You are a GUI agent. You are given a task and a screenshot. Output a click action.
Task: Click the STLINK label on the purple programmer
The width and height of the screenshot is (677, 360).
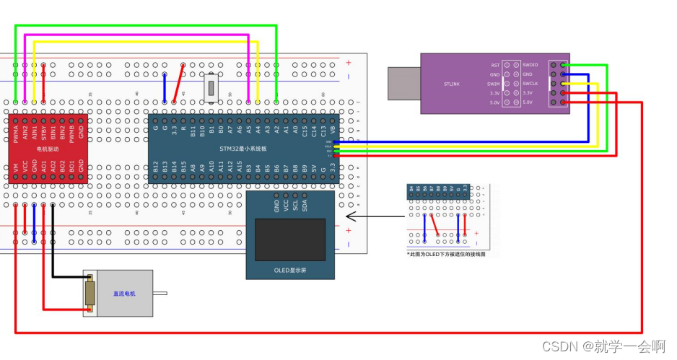click(452, 84)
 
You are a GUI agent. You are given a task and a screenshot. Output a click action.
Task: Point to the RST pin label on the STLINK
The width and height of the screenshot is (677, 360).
click(495, 65)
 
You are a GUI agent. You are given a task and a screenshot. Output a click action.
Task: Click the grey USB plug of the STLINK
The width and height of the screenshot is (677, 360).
click(405, 83)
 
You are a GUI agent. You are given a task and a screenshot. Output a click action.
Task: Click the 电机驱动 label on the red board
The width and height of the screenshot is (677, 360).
click(48, 149)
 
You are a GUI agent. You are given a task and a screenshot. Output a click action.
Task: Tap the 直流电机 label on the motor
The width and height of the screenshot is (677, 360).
click(123, 294)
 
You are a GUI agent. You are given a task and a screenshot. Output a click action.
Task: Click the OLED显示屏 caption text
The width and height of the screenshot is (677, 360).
click(290, 270)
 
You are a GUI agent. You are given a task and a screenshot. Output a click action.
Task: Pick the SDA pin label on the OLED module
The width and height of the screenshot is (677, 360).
click(305, 205)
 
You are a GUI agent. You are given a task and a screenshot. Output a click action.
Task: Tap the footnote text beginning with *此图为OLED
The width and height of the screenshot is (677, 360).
click(445, 254)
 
